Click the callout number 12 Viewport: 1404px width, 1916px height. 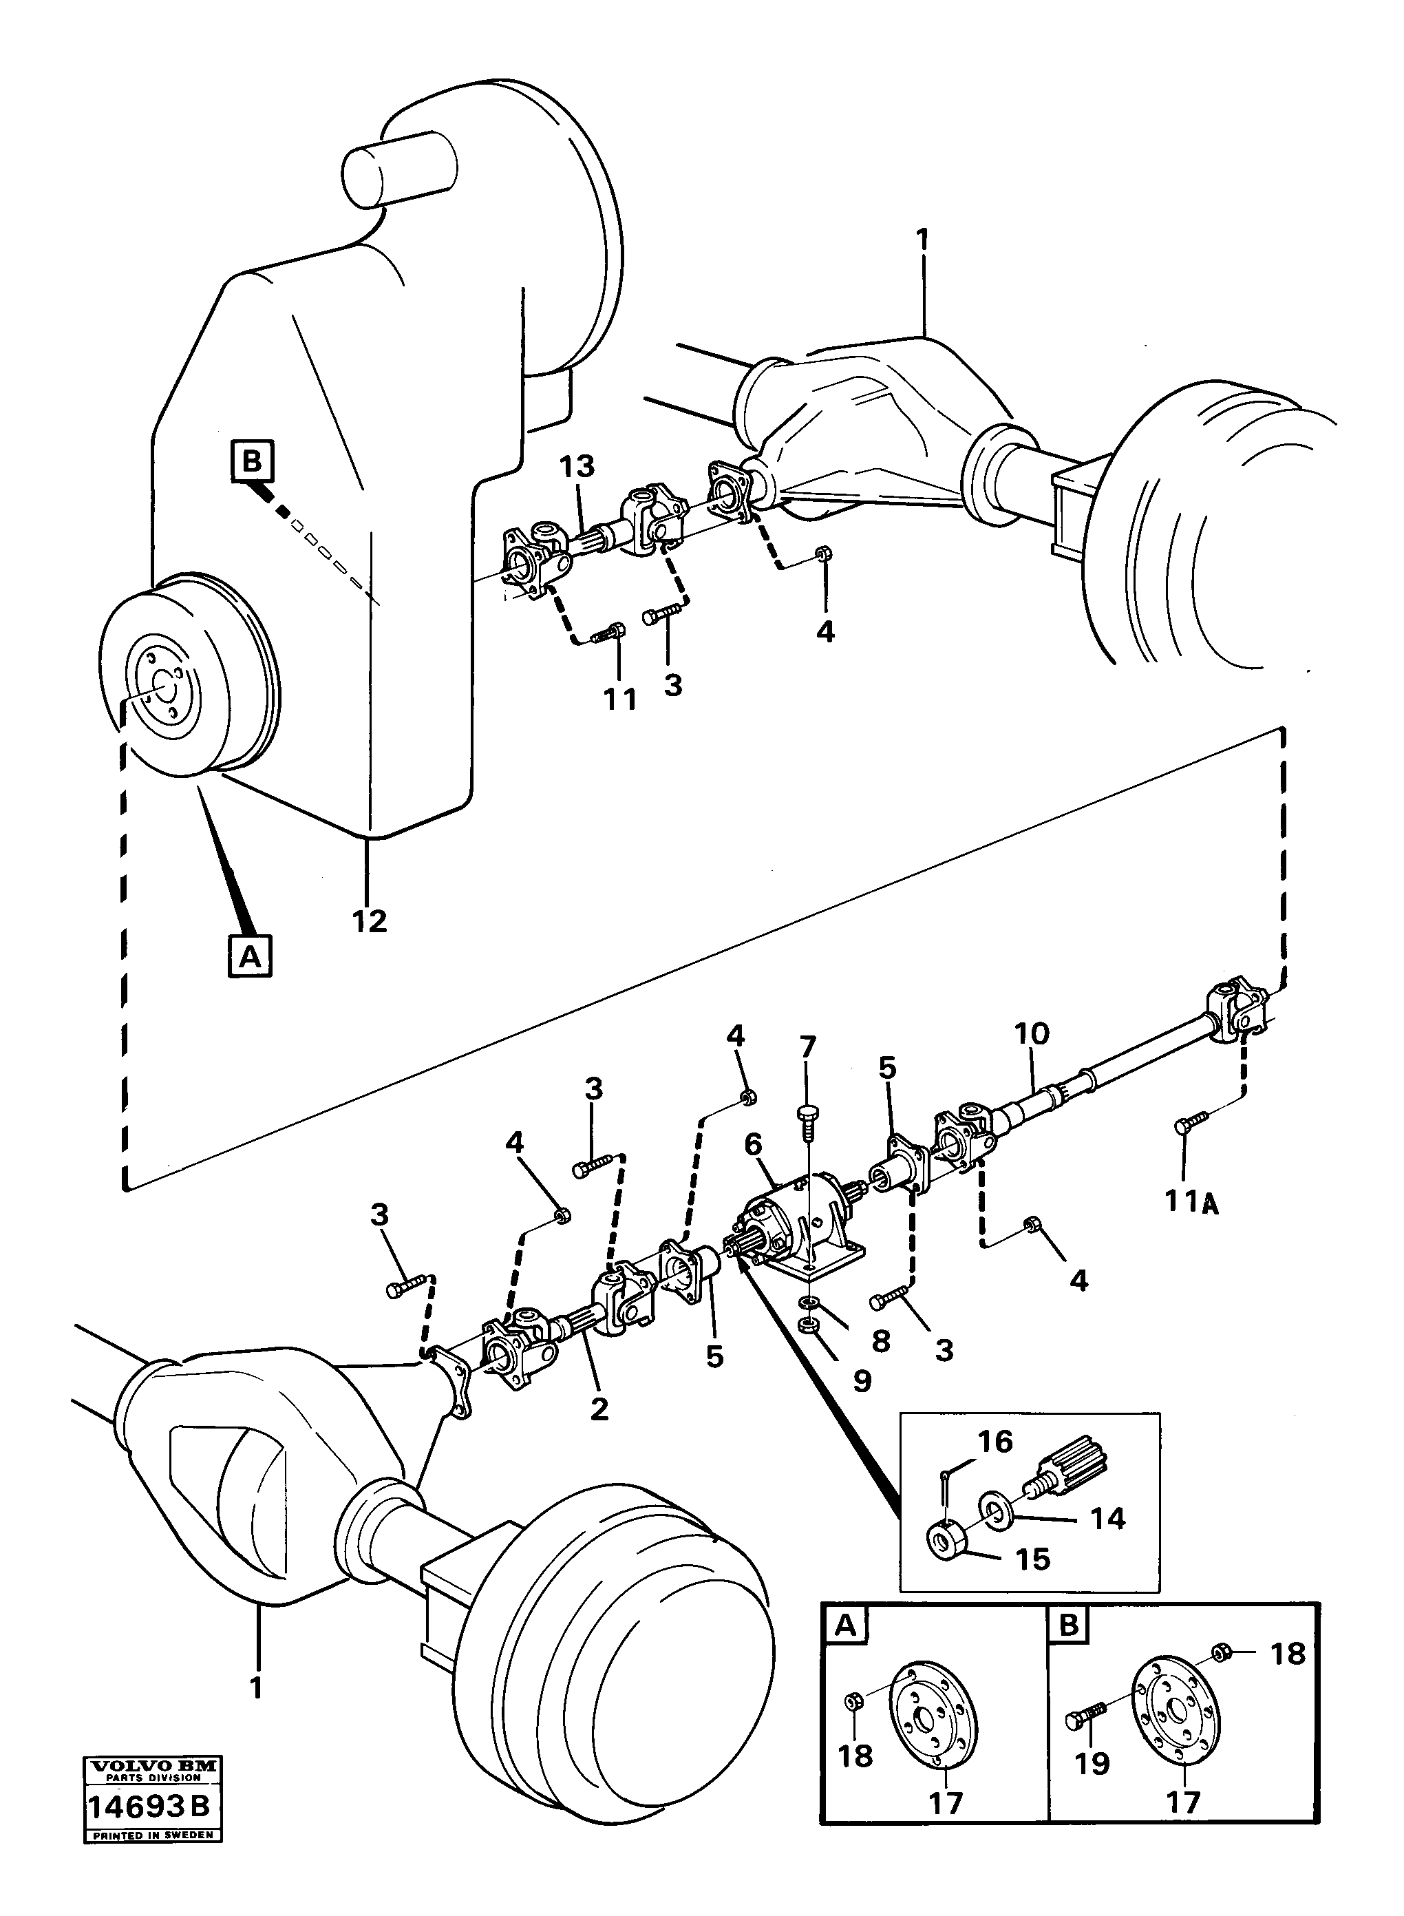pos(370,920)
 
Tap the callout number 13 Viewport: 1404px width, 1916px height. pos(576,467)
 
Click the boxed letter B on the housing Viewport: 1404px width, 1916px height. pos(253,463)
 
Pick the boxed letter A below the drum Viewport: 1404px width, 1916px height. pos(250,956)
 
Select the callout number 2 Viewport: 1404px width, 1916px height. pos(599,1410)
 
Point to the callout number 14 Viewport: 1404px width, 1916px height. pos(1107,1518)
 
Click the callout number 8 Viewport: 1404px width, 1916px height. pos(880,1341)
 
